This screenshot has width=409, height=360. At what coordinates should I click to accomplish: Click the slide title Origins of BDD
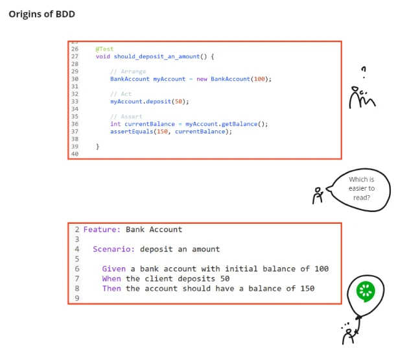point(41,14)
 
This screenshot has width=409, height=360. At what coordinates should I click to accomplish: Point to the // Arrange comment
point(128,71)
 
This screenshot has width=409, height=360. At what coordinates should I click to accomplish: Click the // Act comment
point(121,94)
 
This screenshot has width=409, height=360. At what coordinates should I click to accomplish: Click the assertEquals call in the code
point(132,132)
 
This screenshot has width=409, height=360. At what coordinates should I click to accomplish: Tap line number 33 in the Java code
point(75,102)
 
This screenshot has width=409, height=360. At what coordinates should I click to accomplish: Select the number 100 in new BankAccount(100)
point(259,79)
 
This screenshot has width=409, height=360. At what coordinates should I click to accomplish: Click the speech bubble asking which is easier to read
point(361,189)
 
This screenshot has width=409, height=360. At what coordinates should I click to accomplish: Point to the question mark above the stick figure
point(364,70)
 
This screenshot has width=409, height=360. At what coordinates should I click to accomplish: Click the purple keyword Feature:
point(102,230)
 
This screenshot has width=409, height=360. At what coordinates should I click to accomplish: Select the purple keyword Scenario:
point(113,249)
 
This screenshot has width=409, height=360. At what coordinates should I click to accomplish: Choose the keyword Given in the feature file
point(113,269)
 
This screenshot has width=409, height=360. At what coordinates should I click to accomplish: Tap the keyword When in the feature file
point(111,278)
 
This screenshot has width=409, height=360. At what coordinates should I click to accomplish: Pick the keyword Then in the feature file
point(111,289)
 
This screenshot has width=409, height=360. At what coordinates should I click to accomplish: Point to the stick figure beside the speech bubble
point(318,195)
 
